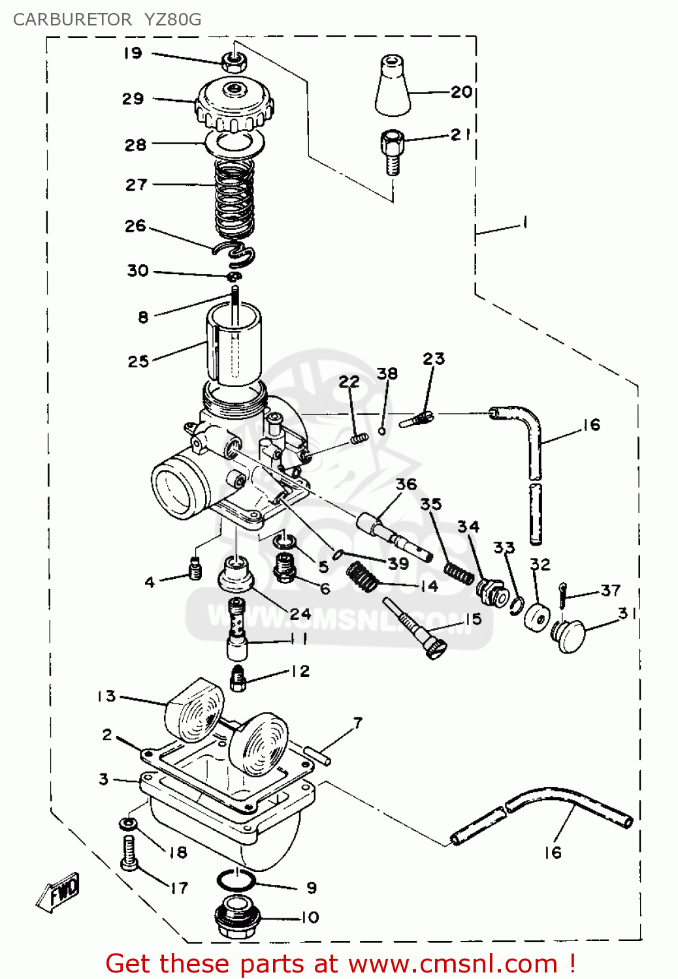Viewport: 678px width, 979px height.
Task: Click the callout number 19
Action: (133, 53)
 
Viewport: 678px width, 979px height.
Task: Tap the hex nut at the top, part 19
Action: (234, 62)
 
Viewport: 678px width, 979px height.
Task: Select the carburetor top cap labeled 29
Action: (234, 104)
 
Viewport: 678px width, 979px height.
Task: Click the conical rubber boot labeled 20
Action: (393, 85)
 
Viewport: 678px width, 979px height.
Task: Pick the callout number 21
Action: (460, 134)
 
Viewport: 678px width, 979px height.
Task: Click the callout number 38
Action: (387, 373)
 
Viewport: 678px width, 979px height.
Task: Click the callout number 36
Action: (406, 484)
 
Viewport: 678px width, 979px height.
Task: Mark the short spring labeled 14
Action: (362, 577)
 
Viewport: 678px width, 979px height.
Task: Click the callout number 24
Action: (300, 614)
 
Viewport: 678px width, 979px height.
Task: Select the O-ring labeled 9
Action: (235, 880)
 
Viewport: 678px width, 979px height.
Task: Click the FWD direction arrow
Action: (58, 890)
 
